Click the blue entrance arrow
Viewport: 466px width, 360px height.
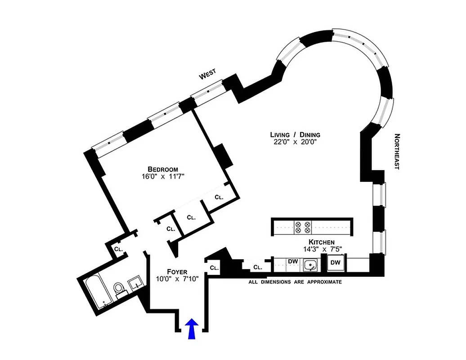pos(192,328)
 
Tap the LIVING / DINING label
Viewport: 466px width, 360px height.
pos(295,135)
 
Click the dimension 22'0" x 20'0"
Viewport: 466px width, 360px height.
pos(295,142)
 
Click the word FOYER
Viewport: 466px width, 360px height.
pos(177,271)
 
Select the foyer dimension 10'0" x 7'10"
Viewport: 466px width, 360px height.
pos(177,279)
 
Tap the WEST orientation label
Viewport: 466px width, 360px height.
pos(208,74)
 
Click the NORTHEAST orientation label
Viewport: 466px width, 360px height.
pos(397,151)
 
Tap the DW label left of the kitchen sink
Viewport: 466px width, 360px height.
pos(292,261)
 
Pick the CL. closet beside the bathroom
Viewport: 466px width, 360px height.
pos(118,249)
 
